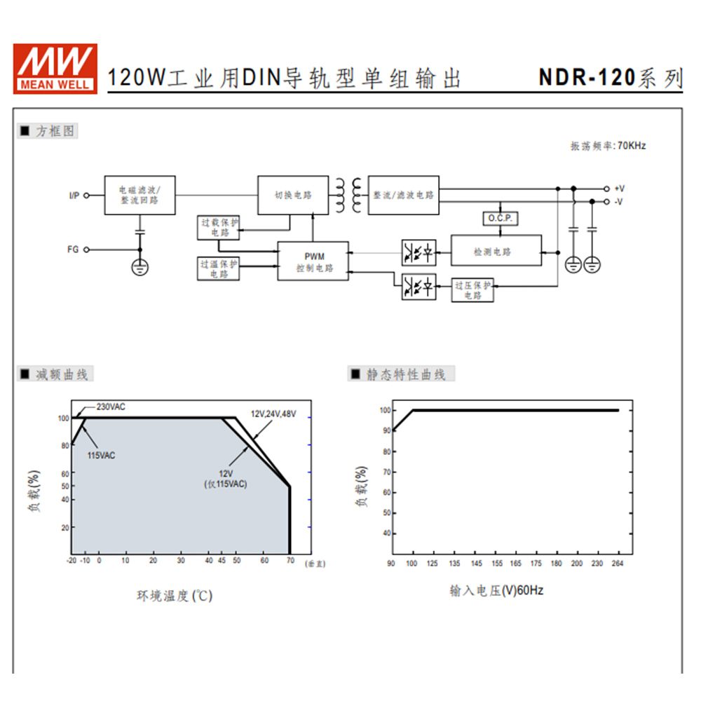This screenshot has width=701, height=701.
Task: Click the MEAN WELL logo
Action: click(55, 67)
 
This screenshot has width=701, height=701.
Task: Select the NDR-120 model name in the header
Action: click(587, 77)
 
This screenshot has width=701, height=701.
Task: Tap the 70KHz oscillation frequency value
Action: click(629, 146)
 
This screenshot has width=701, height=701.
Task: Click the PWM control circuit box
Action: click(313, 261)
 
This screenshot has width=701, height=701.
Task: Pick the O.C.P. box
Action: click(501, 219)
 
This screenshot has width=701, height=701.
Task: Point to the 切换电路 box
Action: click(293, 195)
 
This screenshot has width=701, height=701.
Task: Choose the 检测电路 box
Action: click(496, 250)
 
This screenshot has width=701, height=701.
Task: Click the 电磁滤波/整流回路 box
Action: click(139, 195)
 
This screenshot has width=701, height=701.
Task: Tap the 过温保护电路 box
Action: click(219, 268)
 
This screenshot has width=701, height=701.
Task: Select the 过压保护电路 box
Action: click(472, 290)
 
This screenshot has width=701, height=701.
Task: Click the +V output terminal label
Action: click(619, 189)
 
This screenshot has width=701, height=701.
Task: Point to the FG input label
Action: click(73, 249)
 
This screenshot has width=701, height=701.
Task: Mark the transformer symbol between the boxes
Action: click(348, 195)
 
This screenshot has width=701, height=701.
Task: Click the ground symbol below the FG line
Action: click(139, 266)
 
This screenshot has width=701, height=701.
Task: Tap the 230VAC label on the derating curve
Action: click(111, 407)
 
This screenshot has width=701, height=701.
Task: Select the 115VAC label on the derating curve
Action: click(101, 456)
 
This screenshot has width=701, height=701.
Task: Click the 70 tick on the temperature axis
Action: click(290, 561)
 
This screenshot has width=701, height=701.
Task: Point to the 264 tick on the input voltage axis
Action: click(618, 564)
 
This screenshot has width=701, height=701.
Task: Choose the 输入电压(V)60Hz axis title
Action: click(496, 590)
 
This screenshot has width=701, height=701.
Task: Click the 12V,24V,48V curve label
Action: click(273, 414)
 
